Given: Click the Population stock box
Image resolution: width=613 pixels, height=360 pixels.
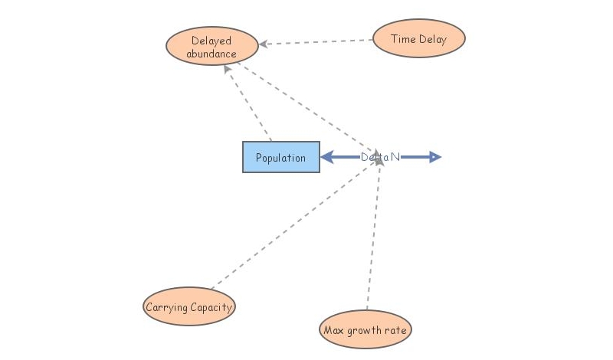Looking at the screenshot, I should pyautogui.click(x=280, y=157).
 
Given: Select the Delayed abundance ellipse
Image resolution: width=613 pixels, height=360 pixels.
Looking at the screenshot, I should pyautogui.click(x=211, y=47).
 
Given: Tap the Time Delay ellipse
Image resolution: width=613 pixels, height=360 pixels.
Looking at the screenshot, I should pyautogui.click(x=418, y=39).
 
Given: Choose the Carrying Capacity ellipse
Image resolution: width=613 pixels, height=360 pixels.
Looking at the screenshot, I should pyautogui.click(x=188, y=308).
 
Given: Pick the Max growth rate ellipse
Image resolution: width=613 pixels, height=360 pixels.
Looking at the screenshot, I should pyautogui.click(x=366, y=330).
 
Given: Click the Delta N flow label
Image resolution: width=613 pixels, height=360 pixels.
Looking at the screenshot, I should pyautogui.click(x=380, y=157).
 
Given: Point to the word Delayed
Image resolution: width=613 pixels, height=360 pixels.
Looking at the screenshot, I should pyautogui.click(x=211, y=41).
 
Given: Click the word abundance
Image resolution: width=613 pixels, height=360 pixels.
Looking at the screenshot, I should pyautogui.click(x=211, y=54).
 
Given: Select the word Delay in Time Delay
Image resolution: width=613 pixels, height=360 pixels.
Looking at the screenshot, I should pyautogui.click(x=432, y=39).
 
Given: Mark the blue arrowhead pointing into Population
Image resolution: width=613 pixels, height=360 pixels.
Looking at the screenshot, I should pyautogui.click(x=326, y=157).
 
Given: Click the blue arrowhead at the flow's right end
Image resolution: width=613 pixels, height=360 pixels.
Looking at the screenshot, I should pyautogui.click(x=434, y=157).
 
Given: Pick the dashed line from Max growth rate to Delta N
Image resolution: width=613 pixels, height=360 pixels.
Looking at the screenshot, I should pyautogui.click(x=373, y=237).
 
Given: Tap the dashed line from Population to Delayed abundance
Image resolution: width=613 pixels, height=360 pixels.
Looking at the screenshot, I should pyautogui.click(x=248, y=103).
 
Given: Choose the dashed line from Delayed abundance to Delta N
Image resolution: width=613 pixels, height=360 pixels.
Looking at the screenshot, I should pyautogui.click(x=306, y=106).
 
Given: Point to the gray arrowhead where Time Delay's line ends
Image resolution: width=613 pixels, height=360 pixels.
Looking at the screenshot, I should pyautogui.click(x=263, y=44).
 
